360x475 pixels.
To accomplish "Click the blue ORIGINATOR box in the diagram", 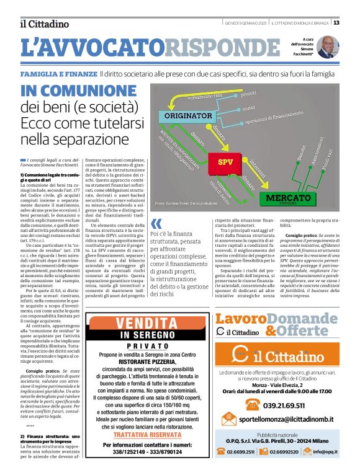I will [189, 116].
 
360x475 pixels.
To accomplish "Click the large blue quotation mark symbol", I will [156, 223].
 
